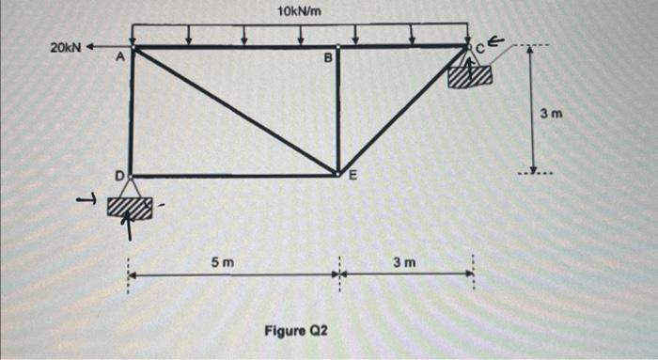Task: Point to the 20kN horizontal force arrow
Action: point(108,46)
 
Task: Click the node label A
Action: point(119,58)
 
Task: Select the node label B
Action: point(327,58)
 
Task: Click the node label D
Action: point(119,175)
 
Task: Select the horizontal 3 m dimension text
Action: point(404,260)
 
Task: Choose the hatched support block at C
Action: point(470,76)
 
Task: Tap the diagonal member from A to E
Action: point(235,111)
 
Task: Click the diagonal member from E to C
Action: point(404,109)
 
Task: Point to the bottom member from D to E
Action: point(235,175)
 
